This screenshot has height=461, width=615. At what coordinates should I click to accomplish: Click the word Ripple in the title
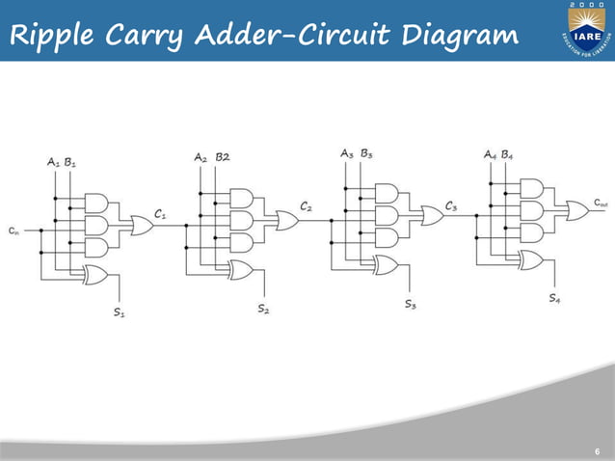click(50, 36)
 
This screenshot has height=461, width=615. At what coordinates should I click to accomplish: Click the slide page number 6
click(597, 451)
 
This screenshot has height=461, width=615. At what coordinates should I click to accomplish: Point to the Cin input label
click(13, 230)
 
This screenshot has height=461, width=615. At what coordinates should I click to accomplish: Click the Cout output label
click(601, 203)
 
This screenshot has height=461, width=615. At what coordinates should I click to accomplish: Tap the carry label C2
click(306, 206)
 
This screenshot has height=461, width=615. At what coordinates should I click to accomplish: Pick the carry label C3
click(450, 206)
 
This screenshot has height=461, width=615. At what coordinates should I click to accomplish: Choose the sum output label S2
click(263, 309)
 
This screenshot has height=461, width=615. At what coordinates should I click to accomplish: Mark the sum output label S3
click(410, 304)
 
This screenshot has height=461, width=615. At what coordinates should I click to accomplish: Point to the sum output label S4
click(555, 298)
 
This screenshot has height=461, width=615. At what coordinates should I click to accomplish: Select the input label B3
click(366, 152)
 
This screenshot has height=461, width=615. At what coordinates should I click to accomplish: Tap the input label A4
click(491, 154)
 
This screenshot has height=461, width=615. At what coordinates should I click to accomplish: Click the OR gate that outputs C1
click(141, 226)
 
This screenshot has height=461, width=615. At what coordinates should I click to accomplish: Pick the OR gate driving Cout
click(577, 210)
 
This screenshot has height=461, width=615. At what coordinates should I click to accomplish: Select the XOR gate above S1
click(96, 274)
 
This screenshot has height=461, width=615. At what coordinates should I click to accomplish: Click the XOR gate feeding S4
click(530, 259)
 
